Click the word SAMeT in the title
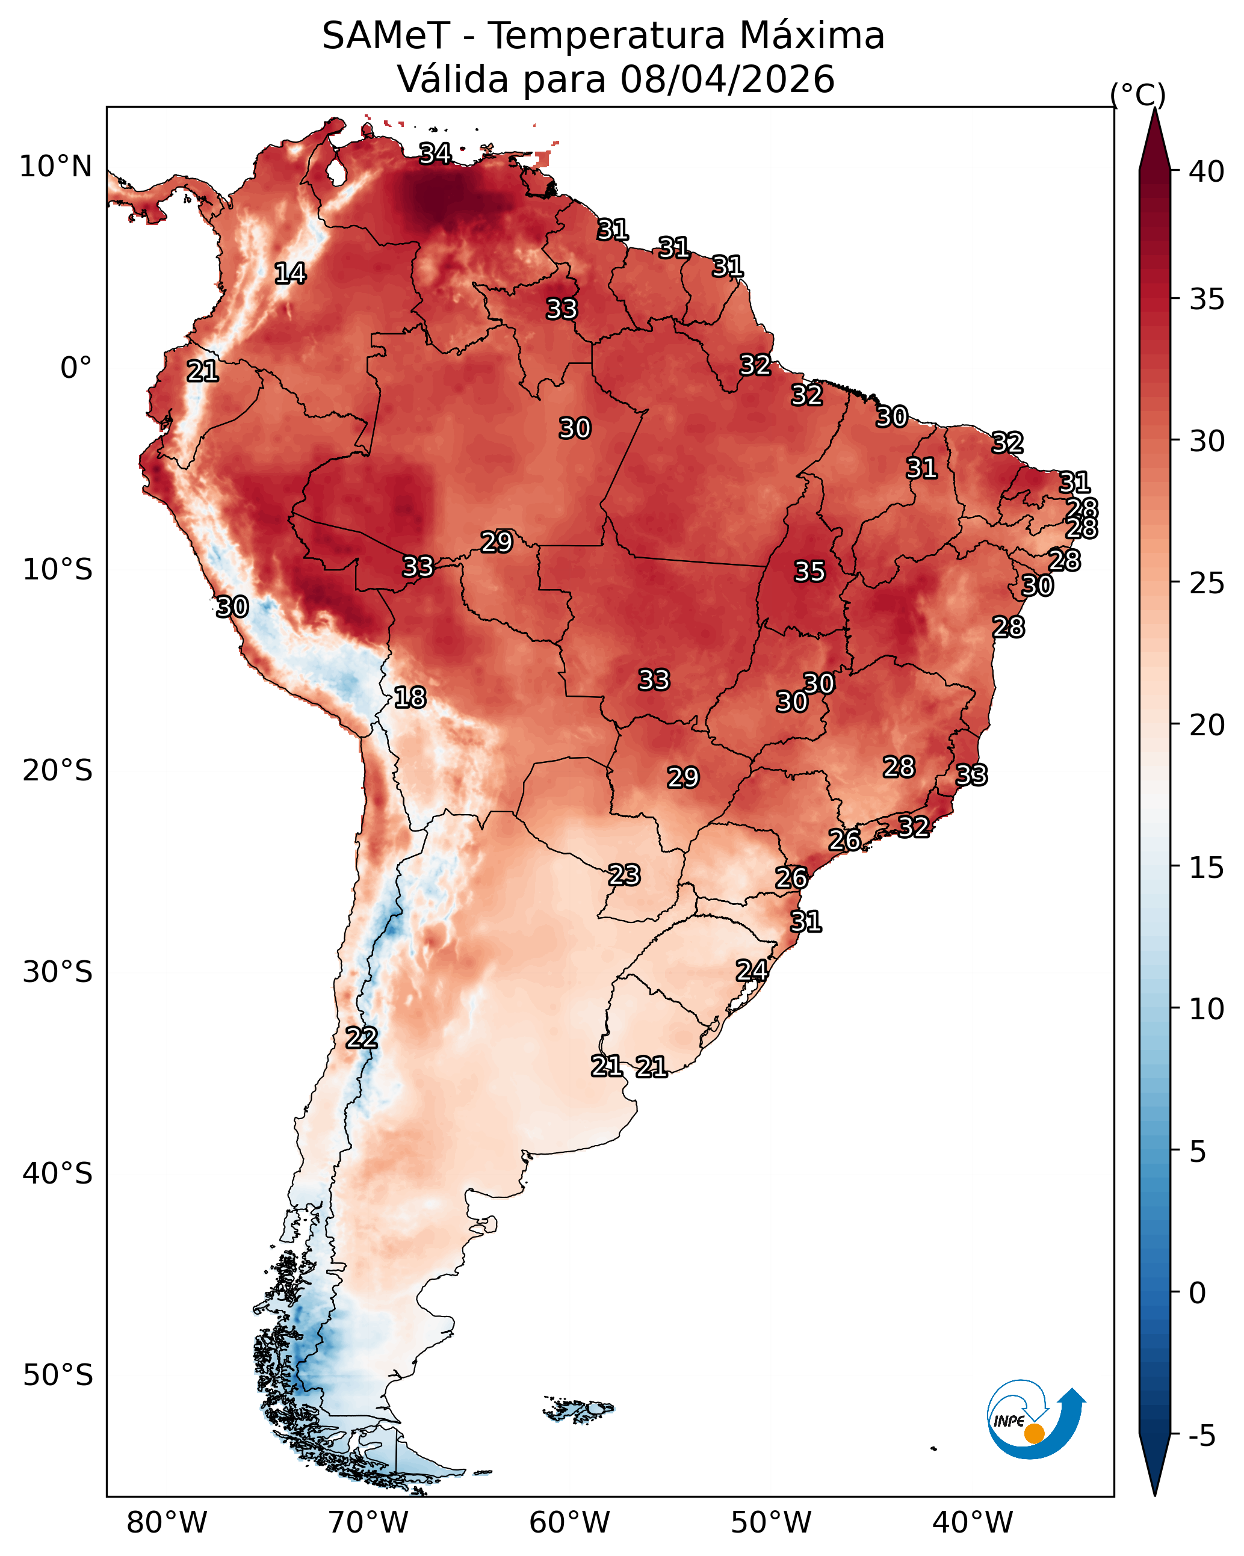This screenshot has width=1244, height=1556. coord(386,36)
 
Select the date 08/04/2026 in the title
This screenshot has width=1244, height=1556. coord(727,79)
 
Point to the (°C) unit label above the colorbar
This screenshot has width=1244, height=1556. coord(1137,94)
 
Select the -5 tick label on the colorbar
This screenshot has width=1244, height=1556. coord(1202,1436)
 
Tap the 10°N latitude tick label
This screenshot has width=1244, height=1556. coord(55,167)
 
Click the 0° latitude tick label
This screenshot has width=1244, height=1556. coord(76,368)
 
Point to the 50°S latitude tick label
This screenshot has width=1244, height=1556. coord(57,1375)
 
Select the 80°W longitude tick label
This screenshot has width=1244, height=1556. coord(167,1522)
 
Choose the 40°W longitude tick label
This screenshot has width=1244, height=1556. coord(973,1522)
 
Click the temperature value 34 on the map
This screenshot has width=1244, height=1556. coord(435,153)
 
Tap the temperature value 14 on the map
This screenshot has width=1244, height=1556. coord(290,274)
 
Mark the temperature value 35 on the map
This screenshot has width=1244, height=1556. coord(809,572)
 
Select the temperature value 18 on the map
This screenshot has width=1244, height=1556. coord(410,697)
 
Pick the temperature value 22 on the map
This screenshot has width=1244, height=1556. coord(362,1038)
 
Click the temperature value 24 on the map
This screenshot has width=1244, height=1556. coord(752,970)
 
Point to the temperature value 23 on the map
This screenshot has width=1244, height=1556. coord(624,875)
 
